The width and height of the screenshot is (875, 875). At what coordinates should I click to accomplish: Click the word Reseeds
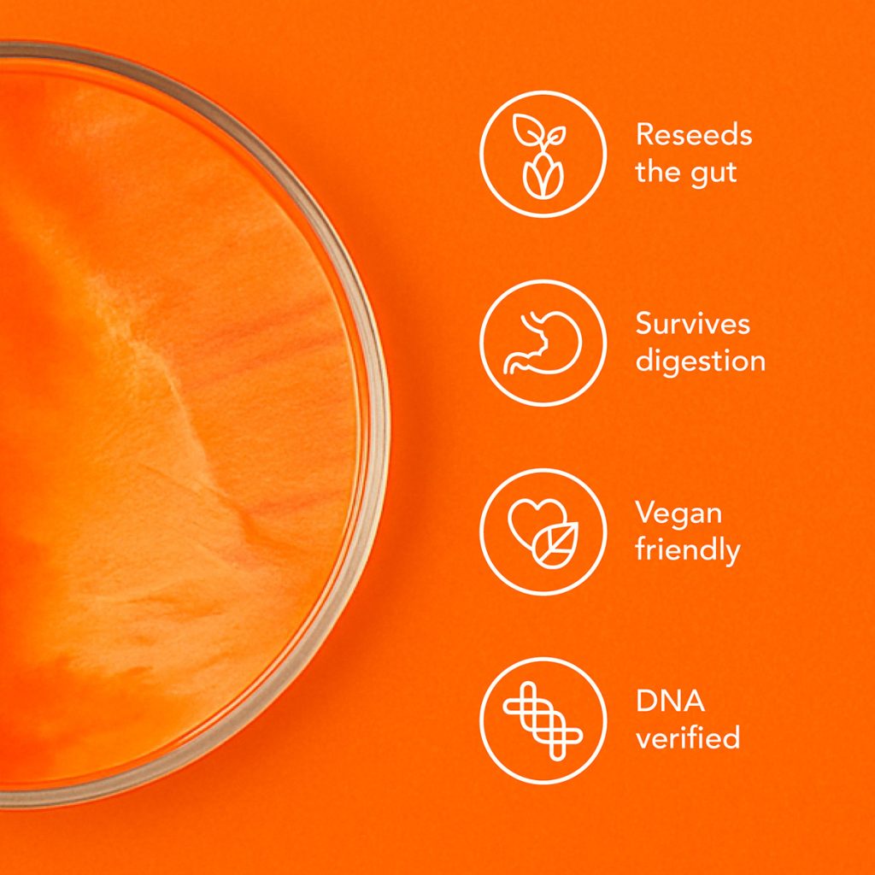pos(694,135)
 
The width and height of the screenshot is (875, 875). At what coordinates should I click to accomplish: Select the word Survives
pos(693,324)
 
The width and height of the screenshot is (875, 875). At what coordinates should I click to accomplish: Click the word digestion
pos(700,361)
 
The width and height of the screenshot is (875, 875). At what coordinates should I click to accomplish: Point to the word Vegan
pos(678,514)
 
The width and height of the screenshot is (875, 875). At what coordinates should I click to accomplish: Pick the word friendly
pos(687,549)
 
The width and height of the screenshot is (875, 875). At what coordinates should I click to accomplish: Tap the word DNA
pos(671,702)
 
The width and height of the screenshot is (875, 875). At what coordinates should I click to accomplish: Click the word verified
pos(687,737)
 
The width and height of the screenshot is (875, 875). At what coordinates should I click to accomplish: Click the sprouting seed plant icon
pos(542,154)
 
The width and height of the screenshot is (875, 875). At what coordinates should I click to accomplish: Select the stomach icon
pos(542,343)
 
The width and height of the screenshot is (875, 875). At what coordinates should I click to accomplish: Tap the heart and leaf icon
pos(542,531)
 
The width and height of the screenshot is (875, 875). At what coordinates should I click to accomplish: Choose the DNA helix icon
pos(542,720)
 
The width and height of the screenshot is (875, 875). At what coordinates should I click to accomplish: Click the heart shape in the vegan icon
pos(530,520)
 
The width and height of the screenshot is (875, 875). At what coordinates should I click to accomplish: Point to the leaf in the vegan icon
pos(556,544)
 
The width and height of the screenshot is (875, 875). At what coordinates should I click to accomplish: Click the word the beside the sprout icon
pos(657,173)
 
